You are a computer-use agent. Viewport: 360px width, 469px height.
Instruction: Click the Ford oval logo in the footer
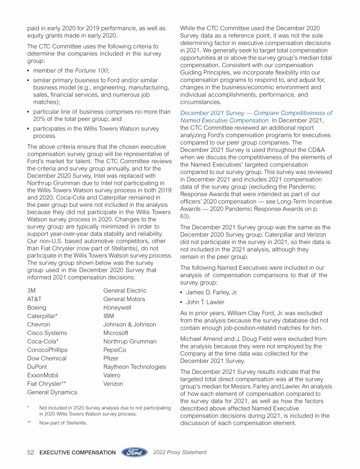point(135,453)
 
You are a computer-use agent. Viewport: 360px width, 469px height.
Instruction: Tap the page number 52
point(30,453)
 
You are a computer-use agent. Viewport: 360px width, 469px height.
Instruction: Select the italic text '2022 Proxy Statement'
point(180,453)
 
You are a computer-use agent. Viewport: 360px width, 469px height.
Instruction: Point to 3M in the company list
point(31,291)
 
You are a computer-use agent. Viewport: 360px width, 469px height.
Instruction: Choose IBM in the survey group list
point(109,316)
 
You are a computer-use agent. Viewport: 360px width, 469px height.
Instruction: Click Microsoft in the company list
point(115,333)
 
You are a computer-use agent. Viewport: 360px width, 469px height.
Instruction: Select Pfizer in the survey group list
point(111,358)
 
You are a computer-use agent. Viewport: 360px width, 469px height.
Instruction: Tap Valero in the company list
point(112,375)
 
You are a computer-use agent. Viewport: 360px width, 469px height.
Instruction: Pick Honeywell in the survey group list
point(117,308)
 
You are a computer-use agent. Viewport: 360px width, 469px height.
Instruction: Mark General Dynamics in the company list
point(52,392)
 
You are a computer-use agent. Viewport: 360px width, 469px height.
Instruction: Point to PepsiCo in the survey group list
point(115,350)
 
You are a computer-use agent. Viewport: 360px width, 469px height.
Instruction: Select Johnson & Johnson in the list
point(129,325)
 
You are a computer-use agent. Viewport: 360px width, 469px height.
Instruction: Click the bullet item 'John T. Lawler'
point(205,302)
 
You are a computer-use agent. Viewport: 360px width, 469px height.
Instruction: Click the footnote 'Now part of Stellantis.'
point(63,423)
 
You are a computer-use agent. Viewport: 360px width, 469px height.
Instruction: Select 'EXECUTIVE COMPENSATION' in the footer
point(78,453)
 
